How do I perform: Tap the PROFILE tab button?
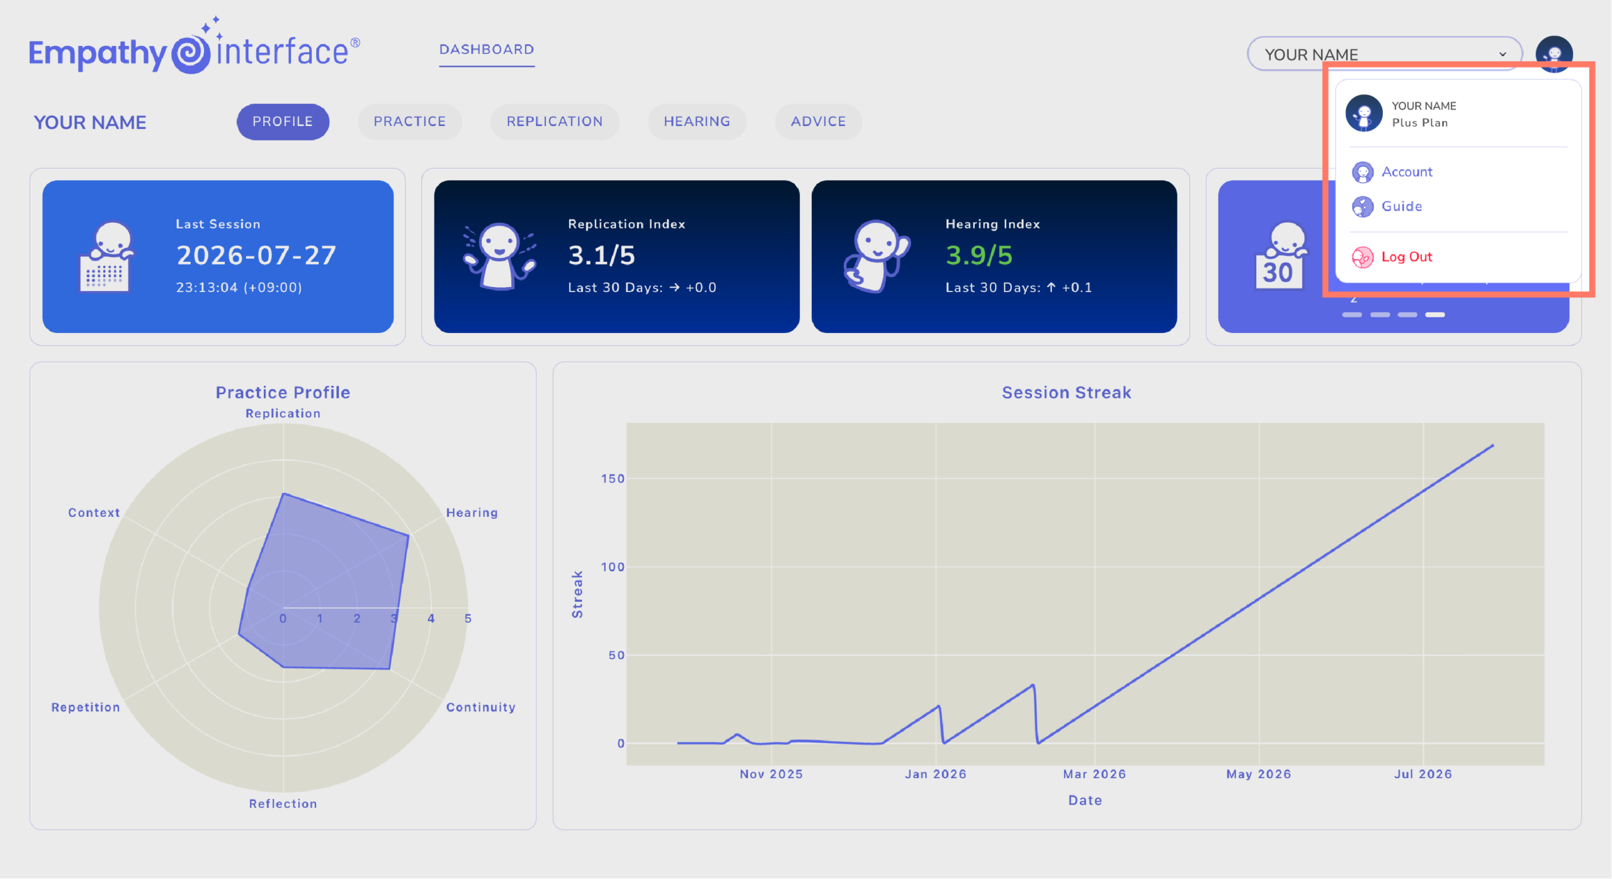(x=283, y=122)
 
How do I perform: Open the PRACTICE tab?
(x=410, y=122)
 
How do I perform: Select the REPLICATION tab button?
(x=555, y=122)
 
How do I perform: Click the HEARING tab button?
(x=697, y=122)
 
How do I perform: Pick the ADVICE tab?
(x=819, y=122)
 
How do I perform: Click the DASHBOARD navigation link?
(x=487, y=50)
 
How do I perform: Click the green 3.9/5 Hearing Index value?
(x=979, y=256)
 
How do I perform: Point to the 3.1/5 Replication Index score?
(x=601, y=256)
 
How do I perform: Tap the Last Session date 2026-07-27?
(x=256, y=256)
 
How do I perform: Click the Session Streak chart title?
(x=1067, y=393)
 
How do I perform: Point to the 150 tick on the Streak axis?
(x=613, y=479)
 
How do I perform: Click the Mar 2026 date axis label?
(x=1094, y=774)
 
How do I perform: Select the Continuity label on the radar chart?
(x=480, y=707)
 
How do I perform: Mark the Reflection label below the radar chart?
(x=283, y=804)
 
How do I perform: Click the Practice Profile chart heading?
(x=283, y=393)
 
